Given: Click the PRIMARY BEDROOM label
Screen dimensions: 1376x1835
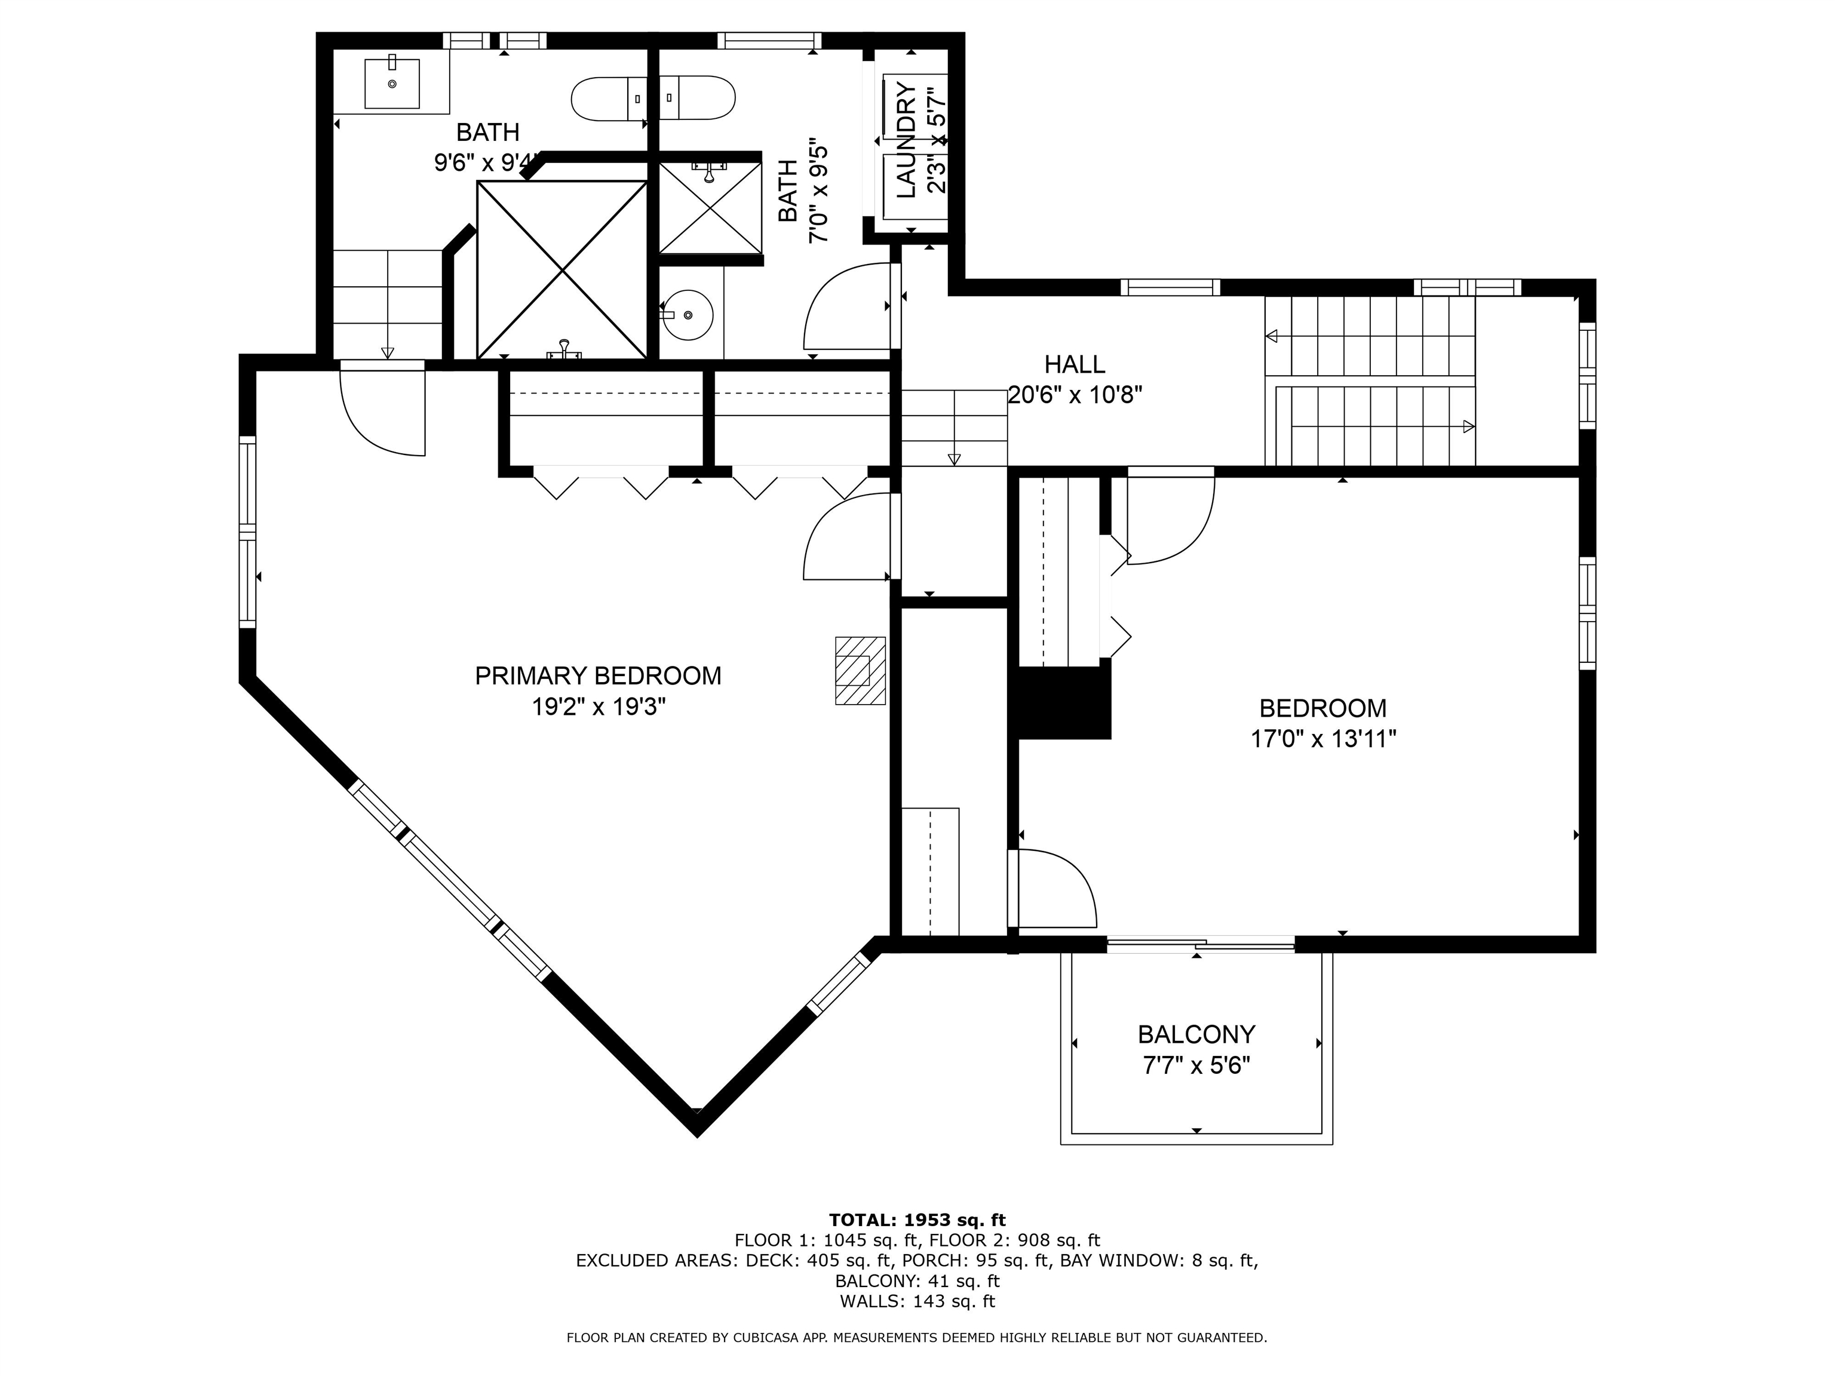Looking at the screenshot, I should [x=597, y=676].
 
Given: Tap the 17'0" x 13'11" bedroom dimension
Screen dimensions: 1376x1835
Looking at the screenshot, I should [x=1323, y=739].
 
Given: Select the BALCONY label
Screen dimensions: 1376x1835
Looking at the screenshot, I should [x=1196, y=1034].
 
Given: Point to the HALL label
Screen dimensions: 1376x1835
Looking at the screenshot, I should [x=1074, y=364].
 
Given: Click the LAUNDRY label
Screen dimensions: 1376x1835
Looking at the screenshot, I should [x=907, y=141].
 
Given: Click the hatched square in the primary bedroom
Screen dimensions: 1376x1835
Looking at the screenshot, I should [x=860, y=670].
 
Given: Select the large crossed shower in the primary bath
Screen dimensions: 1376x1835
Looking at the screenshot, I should [x=563, y=269].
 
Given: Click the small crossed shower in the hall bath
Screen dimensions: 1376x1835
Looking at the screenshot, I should [x=710, y=207].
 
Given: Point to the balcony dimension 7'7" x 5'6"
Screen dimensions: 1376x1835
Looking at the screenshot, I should [x=1196, y=1065].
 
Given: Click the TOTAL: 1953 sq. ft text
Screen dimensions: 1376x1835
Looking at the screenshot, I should [x=917, y=1220].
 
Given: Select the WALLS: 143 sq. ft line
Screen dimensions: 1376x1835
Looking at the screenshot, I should [x=917, y=1301].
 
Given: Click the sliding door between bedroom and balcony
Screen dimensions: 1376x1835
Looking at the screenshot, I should [x=1201, y=944].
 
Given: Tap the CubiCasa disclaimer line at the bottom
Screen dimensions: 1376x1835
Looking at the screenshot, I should [x=917, y=1338].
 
